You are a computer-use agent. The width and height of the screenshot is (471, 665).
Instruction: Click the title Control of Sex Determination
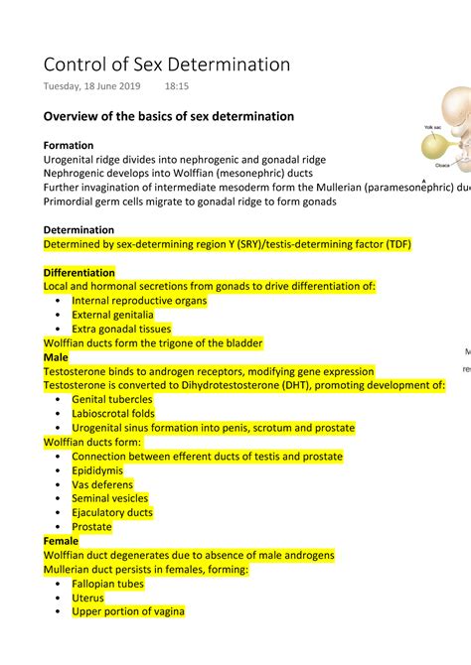166,65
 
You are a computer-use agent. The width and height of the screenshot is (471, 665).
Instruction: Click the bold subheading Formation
69,145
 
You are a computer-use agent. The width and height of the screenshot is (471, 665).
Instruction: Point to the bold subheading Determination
78,229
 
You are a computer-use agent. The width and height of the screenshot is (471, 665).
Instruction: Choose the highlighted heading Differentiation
79,272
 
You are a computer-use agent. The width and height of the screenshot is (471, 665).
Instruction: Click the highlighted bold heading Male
56,356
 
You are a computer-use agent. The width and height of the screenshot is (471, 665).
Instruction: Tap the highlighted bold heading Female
61,541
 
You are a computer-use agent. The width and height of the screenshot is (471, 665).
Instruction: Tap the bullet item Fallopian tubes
107,584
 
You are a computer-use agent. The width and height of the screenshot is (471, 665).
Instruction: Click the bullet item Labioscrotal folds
113,413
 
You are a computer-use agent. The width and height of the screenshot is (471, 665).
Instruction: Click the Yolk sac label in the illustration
432,128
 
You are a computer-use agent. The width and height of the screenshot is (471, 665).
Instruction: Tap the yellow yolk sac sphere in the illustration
436,148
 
